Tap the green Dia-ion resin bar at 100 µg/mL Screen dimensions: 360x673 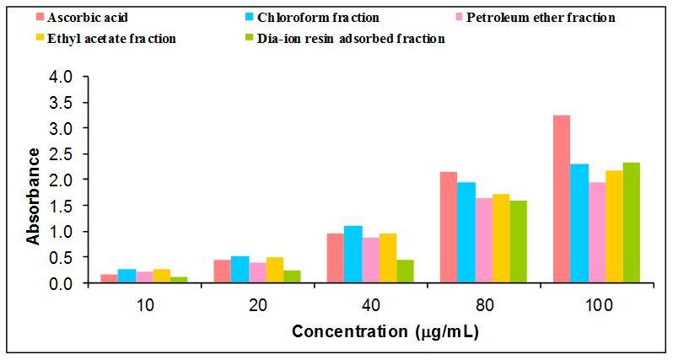tap(632, 223)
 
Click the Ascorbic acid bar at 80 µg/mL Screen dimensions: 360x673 tap(448, 228)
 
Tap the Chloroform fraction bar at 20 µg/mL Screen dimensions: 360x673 tap(240, 270)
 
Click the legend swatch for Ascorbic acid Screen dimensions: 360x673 tap(40, 17)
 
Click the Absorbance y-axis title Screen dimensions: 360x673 tap(33, 196)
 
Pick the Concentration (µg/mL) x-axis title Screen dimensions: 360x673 tap(385, 331)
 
